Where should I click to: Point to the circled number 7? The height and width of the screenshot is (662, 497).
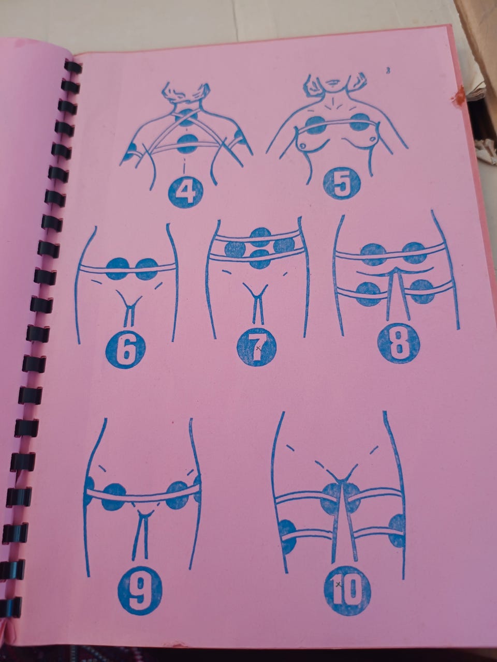point(257,348)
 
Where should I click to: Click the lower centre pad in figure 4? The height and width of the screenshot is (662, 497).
point(187,144)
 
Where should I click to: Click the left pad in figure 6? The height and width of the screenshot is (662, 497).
point(118,269)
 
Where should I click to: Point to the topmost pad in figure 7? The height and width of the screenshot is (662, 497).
point(261,237)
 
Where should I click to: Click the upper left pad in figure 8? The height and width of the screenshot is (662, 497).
point(373,254)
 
